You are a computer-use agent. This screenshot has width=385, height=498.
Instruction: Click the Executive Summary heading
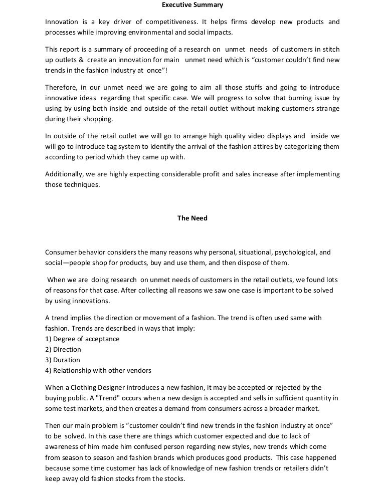(192, 5)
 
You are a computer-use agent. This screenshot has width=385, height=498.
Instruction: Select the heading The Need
(192, 218)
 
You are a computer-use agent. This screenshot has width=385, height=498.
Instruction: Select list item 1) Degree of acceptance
(82, 339)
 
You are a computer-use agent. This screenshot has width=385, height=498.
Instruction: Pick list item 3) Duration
(63, 360)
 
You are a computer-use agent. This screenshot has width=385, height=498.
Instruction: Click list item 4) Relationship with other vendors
(98, 370)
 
